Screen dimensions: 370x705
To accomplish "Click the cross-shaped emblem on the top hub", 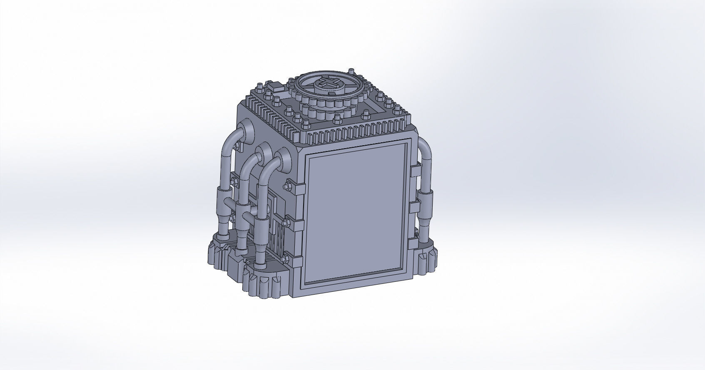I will (x=327, y=85).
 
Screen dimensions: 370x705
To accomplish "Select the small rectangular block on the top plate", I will (x=276, y=88).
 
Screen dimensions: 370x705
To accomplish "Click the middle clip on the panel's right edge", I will (x=415, y=206).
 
